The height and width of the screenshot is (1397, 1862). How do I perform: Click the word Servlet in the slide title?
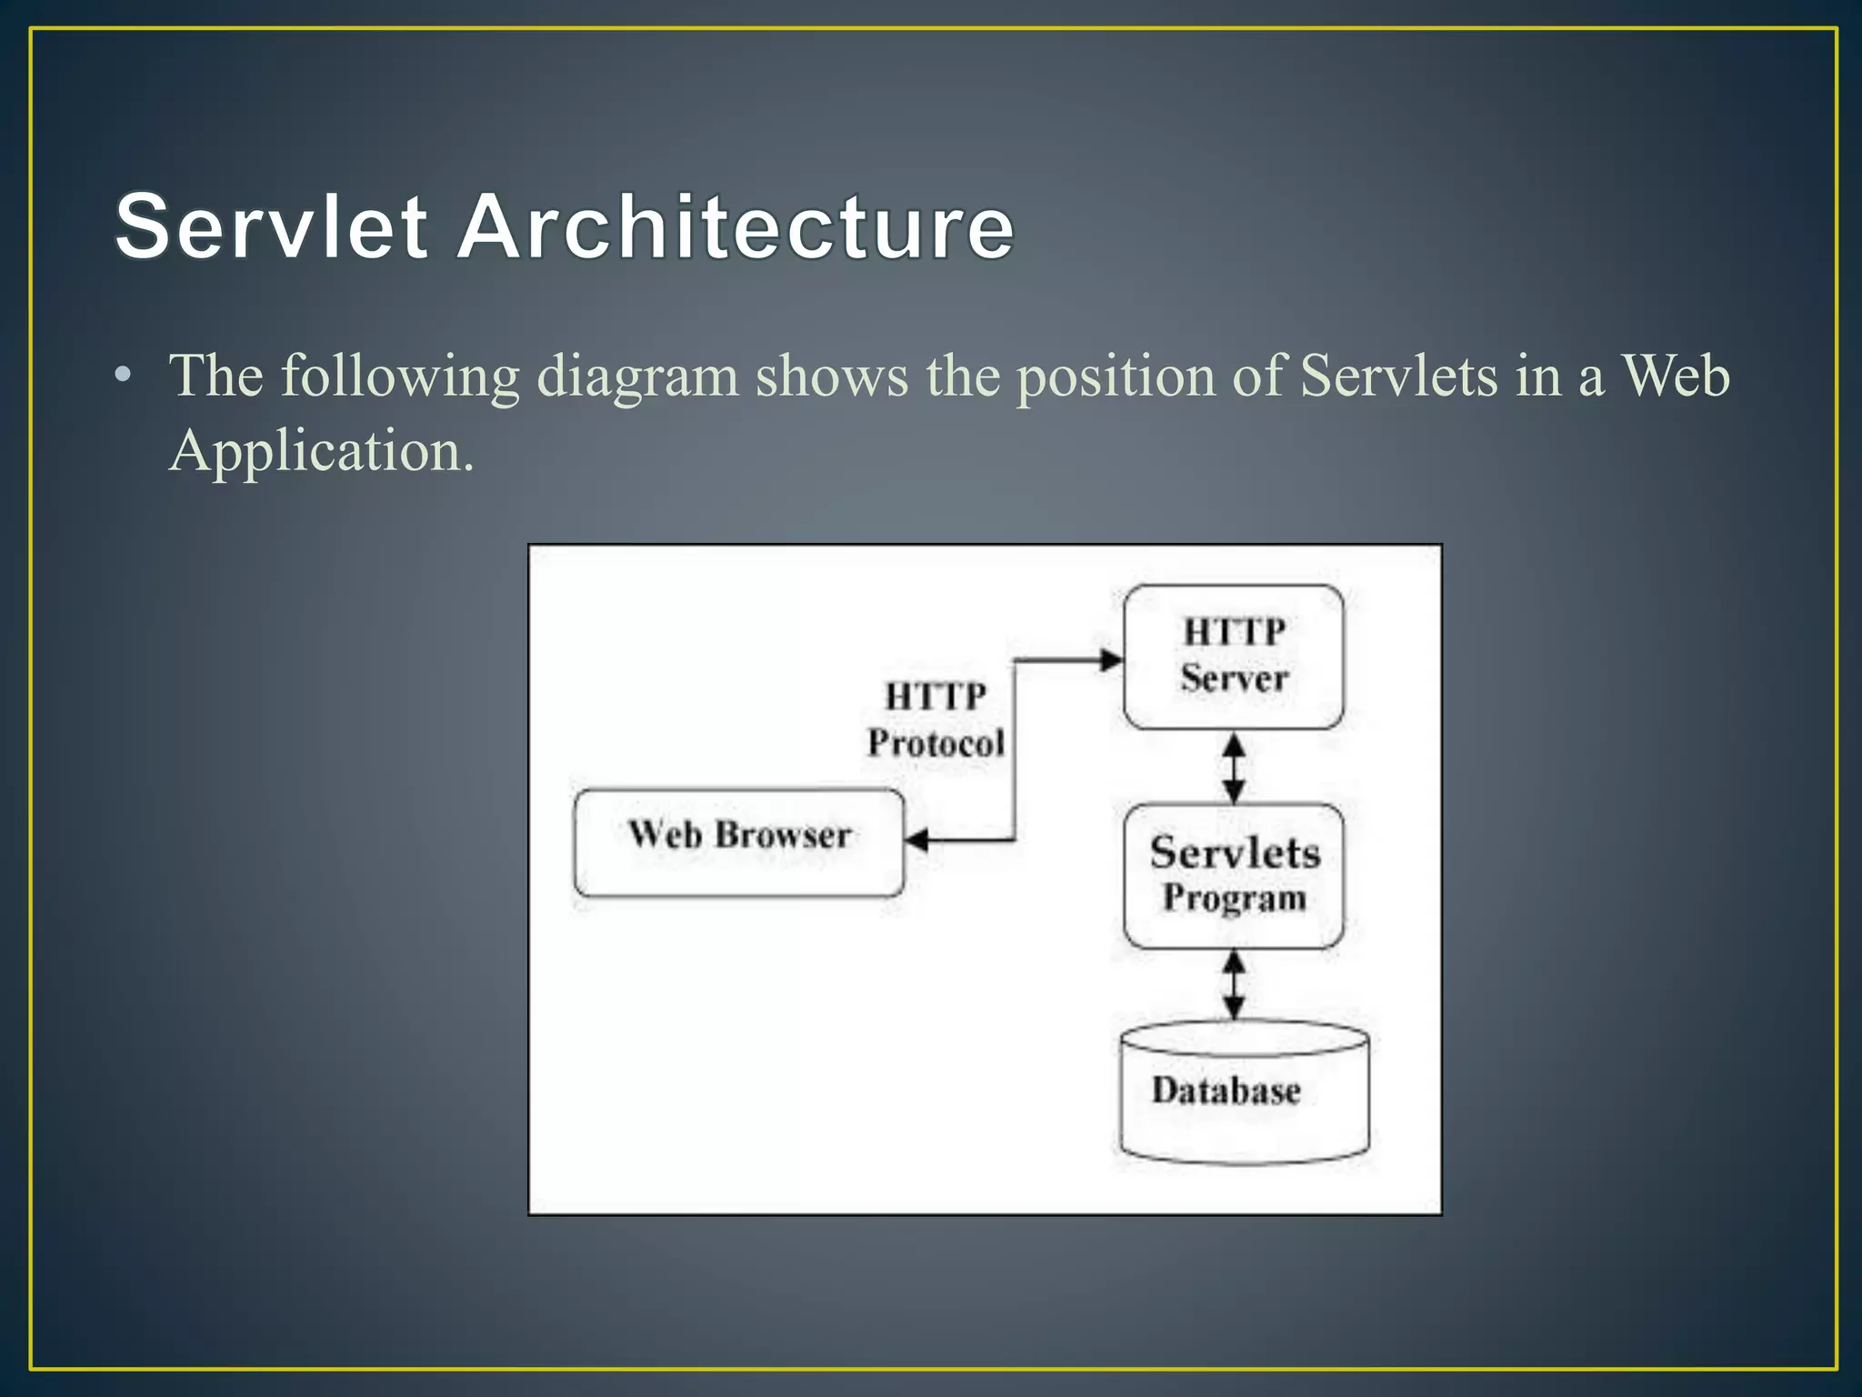coord(271,226)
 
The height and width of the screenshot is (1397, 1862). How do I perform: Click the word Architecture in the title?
coord(735,226)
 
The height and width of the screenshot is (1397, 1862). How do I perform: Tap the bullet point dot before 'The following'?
coord(124,375)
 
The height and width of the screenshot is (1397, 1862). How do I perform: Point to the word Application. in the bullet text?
coord(321,451)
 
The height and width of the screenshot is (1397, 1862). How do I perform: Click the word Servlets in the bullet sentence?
coord(1398,375)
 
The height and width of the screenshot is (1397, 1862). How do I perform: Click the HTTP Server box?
coord(1234,657)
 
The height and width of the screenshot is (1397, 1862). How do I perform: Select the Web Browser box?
coord(739,842)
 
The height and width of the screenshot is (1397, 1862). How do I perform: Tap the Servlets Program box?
coord(1234,875)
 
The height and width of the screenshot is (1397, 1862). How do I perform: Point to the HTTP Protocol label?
coord(936,720)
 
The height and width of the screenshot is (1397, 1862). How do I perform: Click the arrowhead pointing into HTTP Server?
coord(1111,660)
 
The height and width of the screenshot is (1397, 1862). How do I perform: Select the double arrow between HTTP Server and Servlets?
coord(1234,768)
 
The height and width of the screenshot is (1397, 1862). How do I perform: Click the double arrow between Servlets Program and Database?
coord(1234,985)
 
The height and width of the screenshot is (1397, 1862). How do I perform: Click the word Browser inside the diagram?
coord(783,835)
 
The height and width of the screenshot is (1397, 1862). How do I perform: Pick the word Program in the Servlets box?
coord(1235,899)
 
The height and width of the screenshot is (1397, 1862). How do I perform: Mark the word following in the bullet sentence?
coord(399,377)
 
